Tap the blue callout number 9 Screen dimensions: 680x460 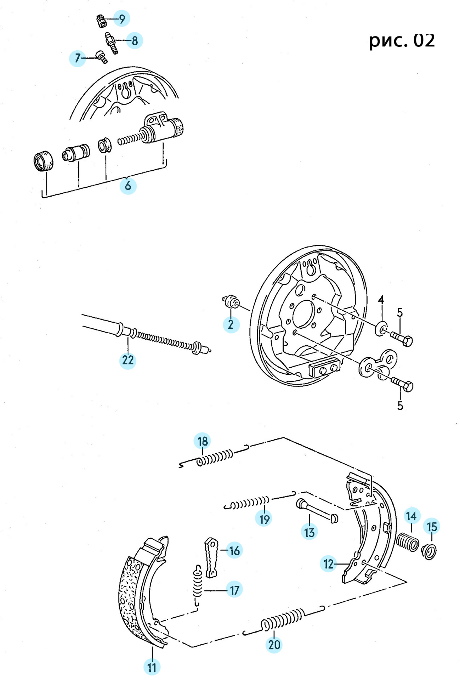coord(122,18)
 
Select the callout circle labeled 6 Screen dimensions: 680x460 coord(128,186)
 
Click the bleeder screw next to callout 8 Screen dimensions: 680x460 coord(111,43)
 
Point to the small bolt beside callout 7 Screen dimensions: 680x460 coord(102,57)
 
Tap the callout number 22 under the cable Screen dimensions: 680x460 coord(128,360)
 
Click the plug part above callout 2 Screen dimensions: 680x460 coord(232,301)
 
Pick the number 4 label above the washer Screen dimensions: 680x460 coord(381,300)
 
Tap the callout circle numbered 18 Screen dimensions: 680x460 coord(203,441)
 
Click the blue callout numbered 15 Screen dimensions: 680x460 coord(432,527)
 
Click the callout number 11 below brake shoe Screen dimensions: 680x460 coord(152,668)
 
